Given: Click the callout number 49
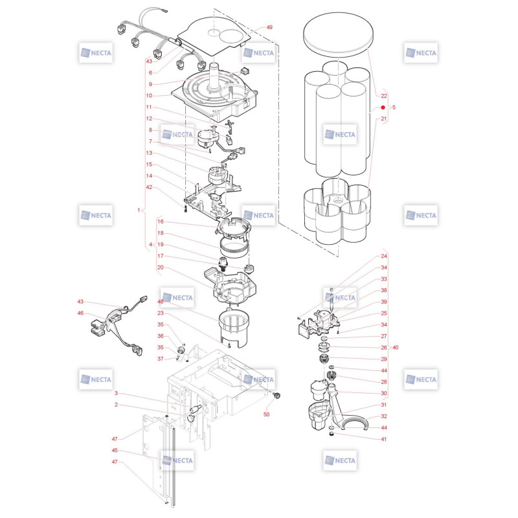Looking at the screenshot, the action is pos(269,27).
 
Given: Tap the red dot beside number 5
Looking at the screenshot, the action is pos(383,107).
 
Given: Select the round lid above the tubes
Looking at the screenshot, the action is pos(338,34).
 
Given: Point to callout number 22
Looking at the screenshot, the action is pos(383,96).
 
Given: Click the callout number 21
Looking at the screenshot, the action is pos(383,118).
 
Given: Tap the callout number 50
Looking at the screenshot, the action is pos(266,414).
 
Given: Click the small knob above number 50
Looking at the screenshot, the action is pos(276,395).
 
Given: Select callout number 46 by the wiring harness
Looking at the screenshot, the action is pos(80,313).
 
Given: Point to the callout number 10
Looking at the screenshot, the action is pos(149,95).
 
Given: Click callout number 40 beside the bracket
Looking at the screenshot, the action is pos(395,348).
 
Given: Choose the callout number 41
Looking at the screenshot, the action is pos(383,439).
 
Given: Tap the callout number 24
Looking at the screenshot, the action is pos(383,256).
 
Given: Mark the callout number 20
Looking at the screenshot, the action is pos(160,267).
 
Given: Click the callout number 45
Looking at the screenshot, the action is pos(115,450).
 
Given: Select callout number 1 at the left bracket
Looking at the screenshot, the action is pos(139,210).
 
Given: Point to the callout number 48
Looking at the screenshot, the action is pos(160,301).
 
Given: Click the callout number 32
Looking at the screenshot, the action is pos(383,416).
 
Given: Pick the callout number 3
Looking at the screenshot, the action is pos(116,393).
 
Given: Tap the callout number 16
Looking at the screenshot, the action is pos(160,221).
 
